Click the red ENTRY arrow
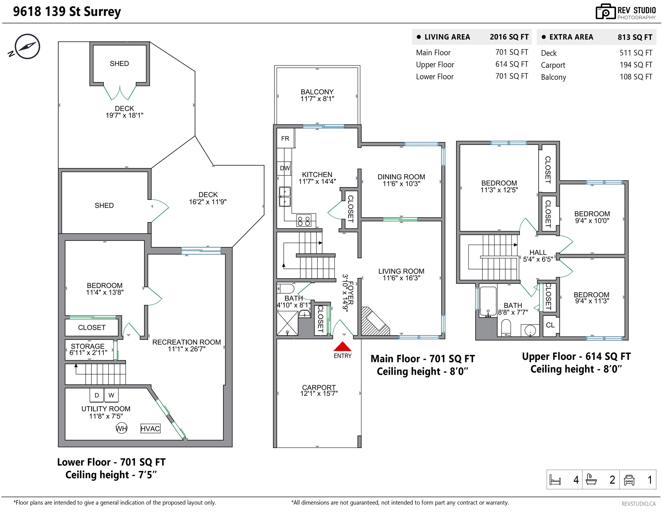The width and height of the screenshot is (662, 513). click(343, 346)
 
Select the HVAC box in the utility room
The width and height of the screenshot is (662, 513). click(150, 428)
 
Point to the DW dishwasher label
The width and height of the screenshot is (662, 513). click(285, 168)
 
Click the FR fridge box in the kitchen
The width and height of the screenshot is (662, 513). click(285, 138)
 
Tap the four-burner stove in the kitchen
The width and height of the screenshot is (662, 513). click(304, 221)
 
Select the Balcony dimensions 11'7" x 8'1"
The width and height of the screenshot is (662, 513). click(317, 99)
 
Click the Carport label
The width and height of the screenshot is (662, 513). click(319, 387)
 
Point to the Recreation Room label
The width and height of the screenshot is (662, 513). click(186, 342)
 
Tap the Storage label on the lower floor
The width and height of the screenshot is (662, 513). click(88, 346)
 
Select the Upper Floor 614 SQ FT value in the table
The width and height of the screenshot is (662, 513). click(512, 64)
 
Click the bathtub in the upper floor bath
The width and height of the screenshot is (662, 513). click(488, 301)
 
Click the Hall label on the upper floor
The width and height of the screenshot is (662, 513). click(538, 252)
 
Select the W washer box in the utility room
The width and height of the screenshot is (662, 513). click(111, 395)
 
